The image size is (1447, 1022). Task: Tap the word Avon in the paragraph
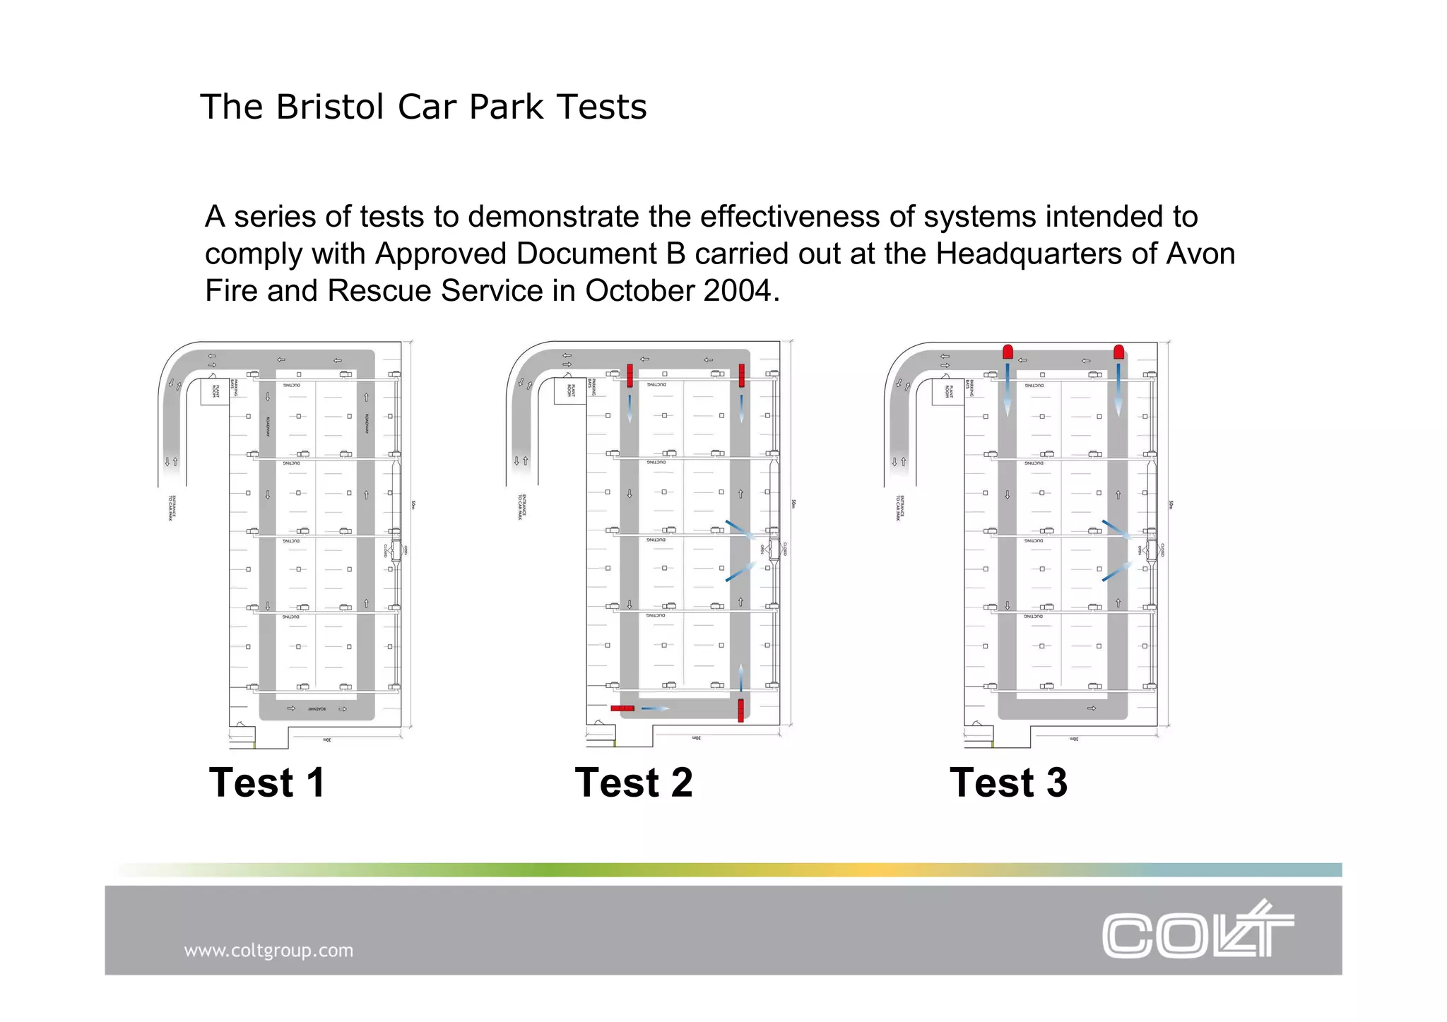click(x=1200, y=254)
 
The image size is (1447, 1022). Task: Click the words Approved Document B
click(x=531, y=254)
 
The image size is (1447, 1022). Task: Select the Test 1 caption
click(x=267, y=783)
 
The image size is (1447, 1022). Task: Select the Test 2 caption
click(x=634, y=783)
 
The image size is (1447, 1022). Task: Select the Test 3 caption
click(x=1008, y=783)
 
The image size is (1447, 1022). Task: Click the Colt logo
click(x=1197, y=931)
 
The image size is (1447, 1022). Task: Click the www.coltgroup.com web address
click(x=268, y=951)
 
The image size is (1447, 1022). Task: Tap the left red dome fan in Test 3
click(x=1008, y=352)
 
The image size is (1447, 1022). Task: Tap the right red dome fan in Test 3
click(x=1118, y=352)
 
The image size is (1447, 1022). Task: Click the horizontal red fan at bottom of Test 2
click(x=622, y=708)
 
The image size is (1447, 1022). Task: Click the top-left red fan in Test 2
click(x=630, y=375)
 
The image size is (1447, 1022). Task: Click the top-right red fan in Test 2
click(x=741, y=375)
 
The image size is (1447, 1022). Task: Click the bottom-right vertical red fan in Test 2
click(x=740, y=710)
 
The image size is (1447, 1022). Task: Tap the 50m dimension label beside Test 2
click(x=793, y=504)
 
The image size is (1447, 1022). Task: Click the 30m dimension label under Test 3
click(x=1074, y=739)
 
